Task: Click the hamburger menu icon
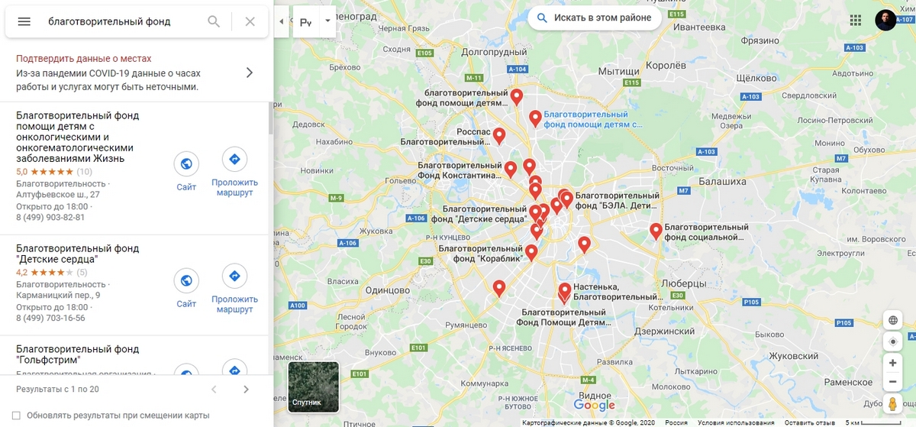coord(24,21)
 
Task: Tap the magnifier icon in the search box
coord(214,21)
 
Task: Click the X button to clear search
coord(250,21)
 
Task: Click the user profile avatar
coord(885,20)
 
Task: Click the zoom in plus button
coord(892,363)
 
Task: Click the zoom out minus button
coord(892,381)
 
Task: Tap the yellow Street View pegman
coord(892,404)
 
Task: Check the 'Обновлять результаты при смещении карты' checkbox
coord(16,416)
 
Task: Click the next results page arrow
coord(246,390)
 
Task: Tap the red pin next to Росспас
coord(499,135)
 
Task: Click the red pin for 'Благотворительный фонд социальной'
coord(656,230)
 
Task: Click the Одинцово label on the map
coord(389,290)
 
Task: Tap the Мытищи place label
coord(618,71)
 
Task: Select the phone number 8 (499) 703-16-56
coord(50,318)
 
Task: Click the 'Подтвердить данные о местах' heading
coord(84,59)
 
